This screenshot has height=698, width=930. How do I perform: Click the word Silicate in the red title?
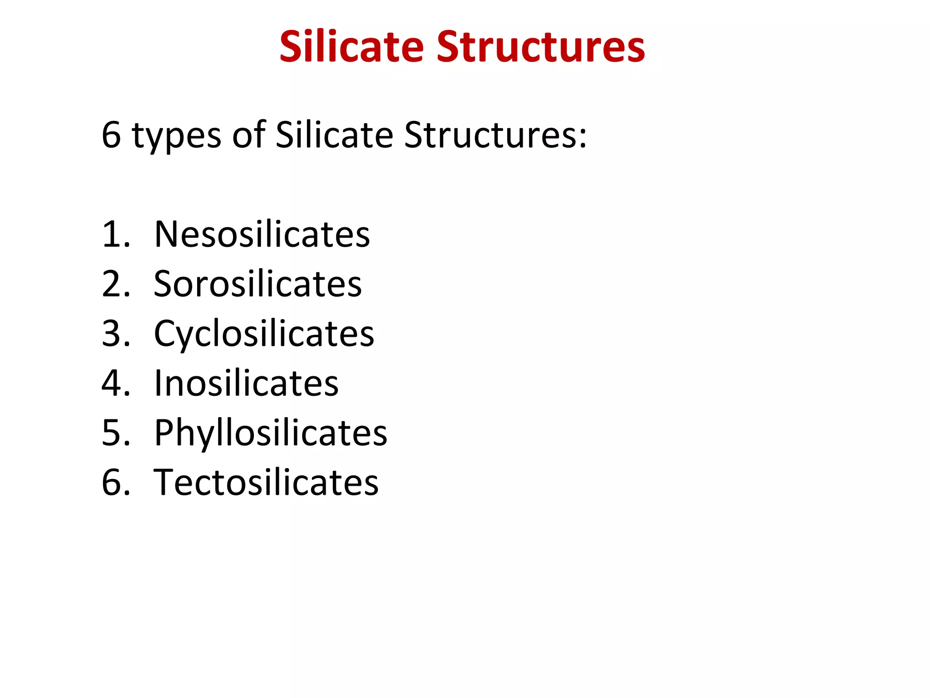coord(351,47)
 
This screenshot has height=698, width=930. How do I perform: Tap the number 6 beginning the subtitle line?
coord(111,135)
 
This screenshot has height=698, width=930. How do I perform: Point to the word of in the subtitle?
coord(249,135)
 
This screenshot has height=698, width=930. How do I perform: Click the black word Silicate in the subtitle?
coord(334,135)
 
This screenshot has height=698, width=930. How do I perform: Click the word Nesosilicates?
coord(262,234)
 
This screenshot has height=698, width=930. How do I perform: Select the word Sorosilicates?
coord(258,284)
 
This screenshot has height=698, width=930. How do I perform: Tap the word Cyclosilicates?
coord(264,334)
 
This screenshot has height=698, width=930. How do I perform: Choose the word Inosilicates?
coord(247,384)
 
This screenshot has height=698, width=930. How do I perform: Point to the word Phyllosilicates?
coord(271,433)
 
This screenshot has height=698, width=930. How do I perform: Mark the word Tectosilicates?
coord(266,483)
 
